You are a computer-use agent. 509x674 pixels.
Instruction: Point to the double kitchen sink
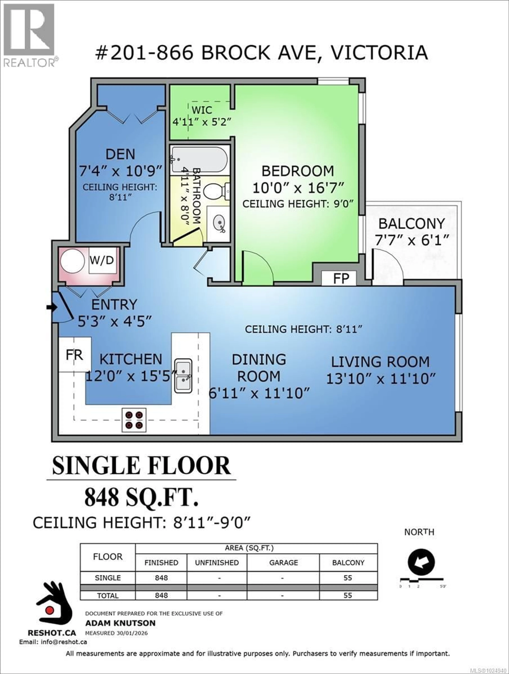pyautogui.click(x=183, y=375)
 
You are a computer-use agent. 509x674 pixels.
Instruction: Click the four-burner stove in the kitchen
pyautogui.click(x=134, y=420)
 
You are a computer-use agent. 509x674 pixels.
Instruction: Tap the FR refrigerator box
pyautogui.click(x=74, y=354)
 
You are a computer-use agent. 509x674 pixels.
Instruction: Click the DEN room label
pyautogui.click(x=120, y=154)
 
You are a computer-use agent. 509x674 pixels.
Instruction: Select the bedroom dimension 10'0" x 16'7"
pyautogui.click(x=298, y=188)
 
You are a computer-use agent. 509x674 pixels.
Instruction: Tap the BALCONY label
pyautogui.click(x=411, y=224)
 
